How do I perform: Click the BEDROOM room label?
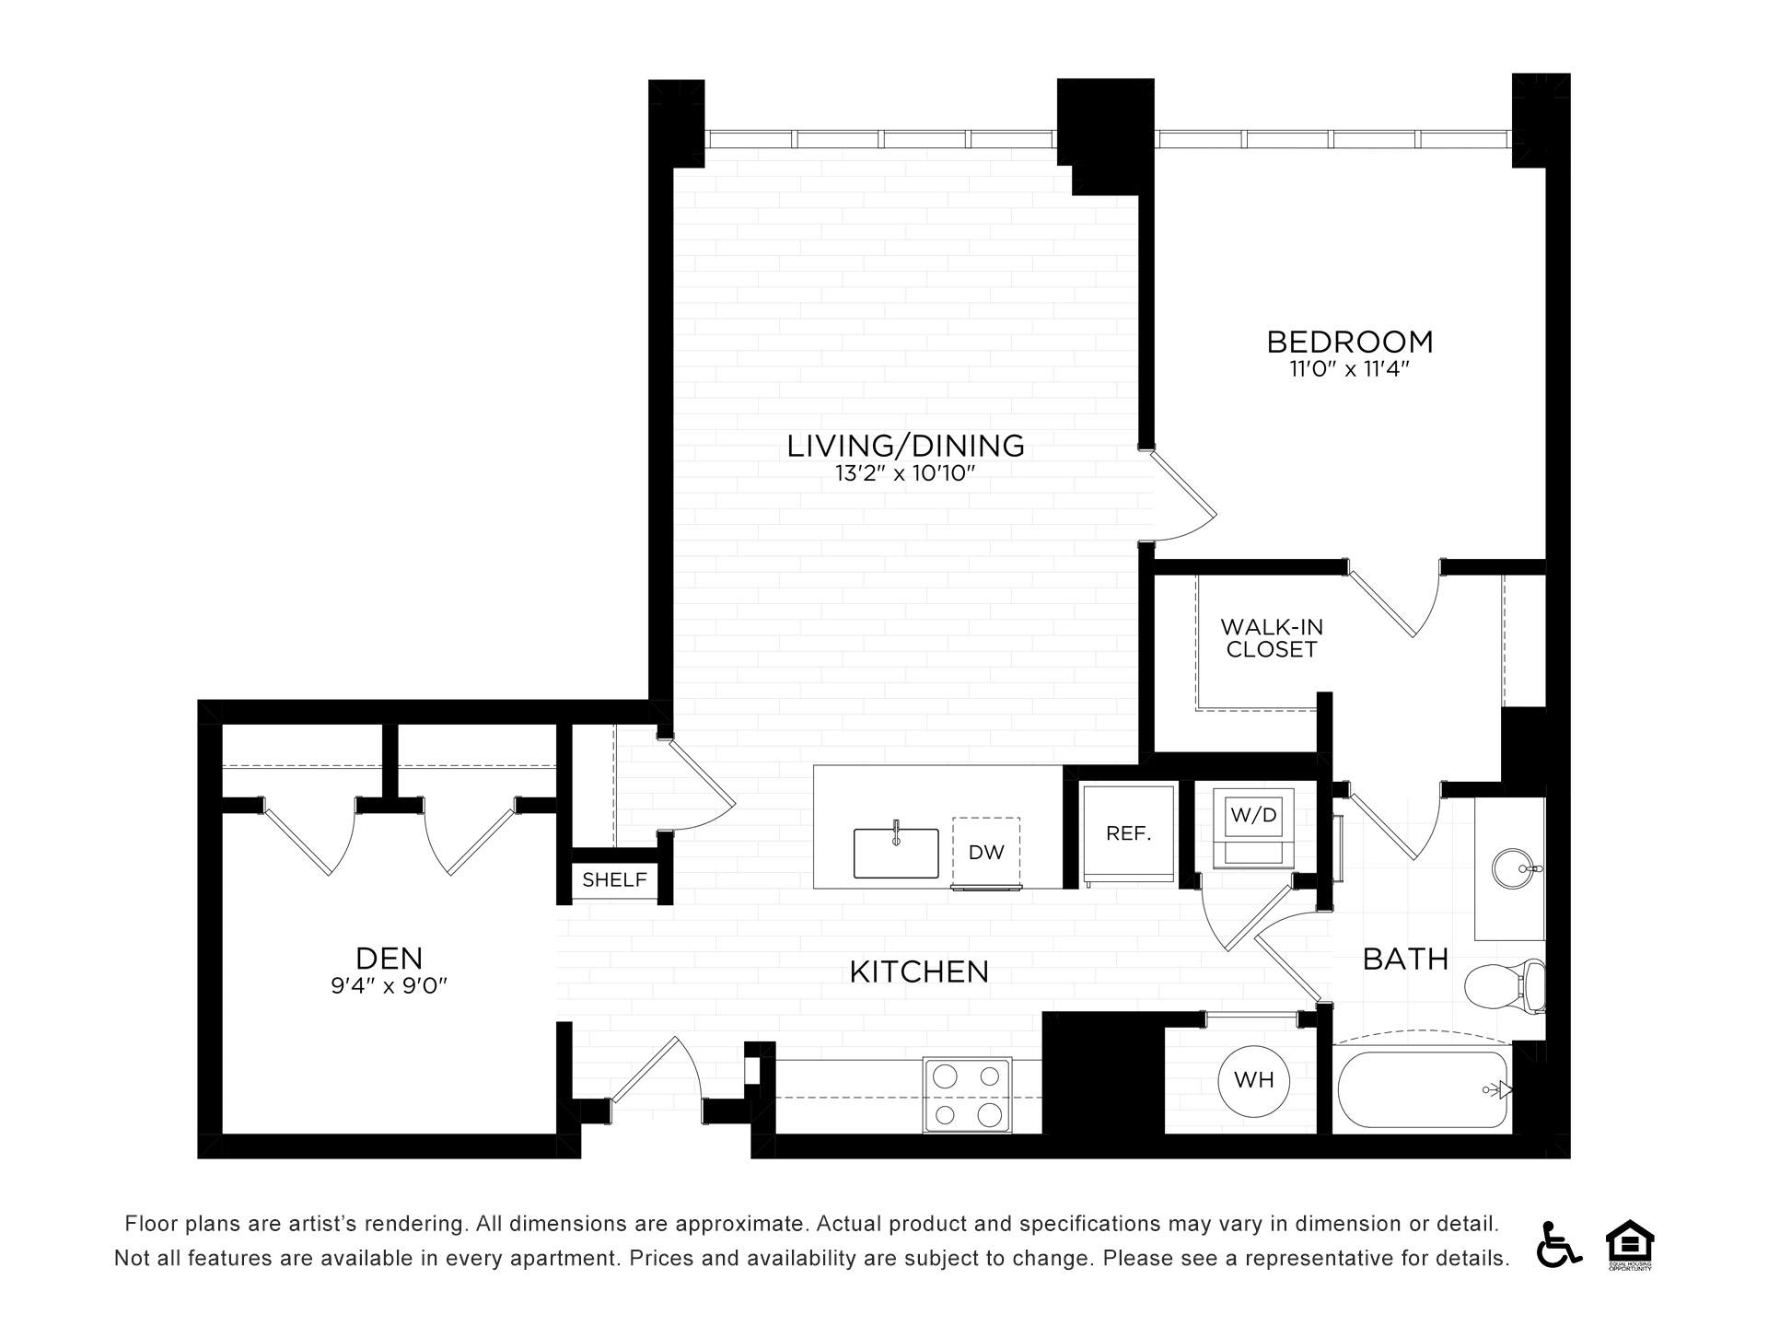pyautogui.click(x=1350, y=342)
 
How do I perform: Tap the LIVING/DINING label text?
pyautogui.click(x=905, y=446)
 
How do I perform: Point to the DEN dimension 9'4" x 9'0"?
pyautogui.click(x=389, y=986)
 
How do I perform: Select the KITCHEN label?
pyautogui.click(x=919, y=971)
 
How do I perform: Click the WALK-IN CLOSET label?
pyautogui.click(x=1272, y=638)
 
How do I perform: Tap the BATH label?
pyautogui.click(x=1405, y=960)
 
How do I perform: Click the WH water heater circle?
pyautogui.click(x=1253, y=1079)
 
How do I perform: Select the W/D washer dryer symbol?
pyautogui.click(x=1253, y=827)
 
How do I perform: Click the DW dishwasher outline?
pyautogui.click(x=986, y=852)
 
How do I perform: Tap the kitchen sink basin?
pyautogui.click(x=896, y=853)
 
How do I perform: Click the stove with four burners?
pyautogui.click(x=967, y=1095)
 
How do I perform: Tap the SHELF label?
pyautogui.click(x=614, y=879)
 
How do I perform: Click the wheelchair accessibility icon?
pyautogui.click(x=1559, y=1243)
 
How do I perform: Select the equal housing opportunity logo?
pyautogui.click(x=1630, y=1245)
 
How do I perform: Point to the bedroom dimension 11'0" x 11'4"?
pyautogui.click(x=1350, y=370)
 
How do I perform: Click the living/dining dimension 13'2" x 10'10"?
pyautogui.click(x=905, y=474)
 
